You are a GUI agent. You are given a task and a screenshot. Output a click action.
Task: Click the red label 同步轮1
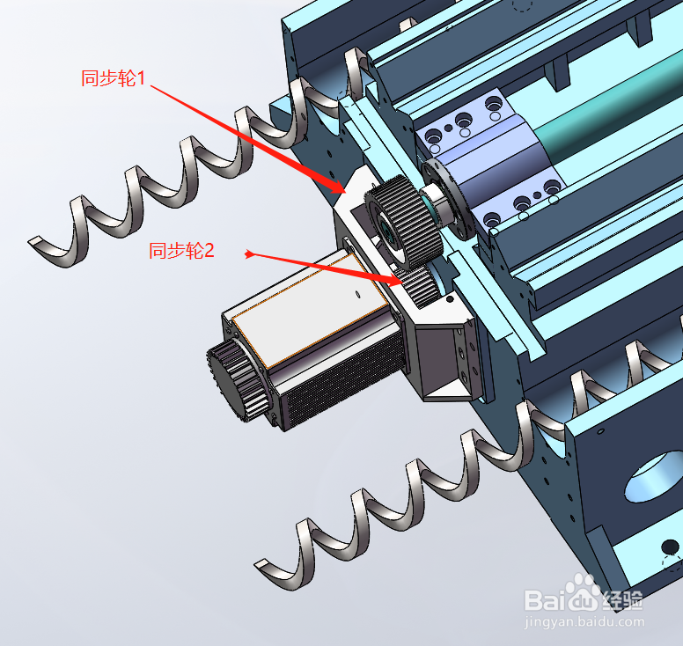tap(112, 77)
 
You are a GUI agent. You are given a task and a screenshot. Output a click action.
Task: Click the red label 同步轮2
tap(181, 251)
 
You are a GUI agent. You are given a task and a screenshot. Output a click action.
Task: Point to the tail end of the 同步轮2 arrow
tap(249, 255)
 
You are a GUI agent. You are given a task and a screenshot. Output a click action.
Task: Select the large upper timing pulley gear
tap(402, 222)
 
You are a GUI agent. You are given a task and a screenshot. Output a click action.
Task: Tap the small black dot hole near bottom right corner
tap(671, 548)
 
